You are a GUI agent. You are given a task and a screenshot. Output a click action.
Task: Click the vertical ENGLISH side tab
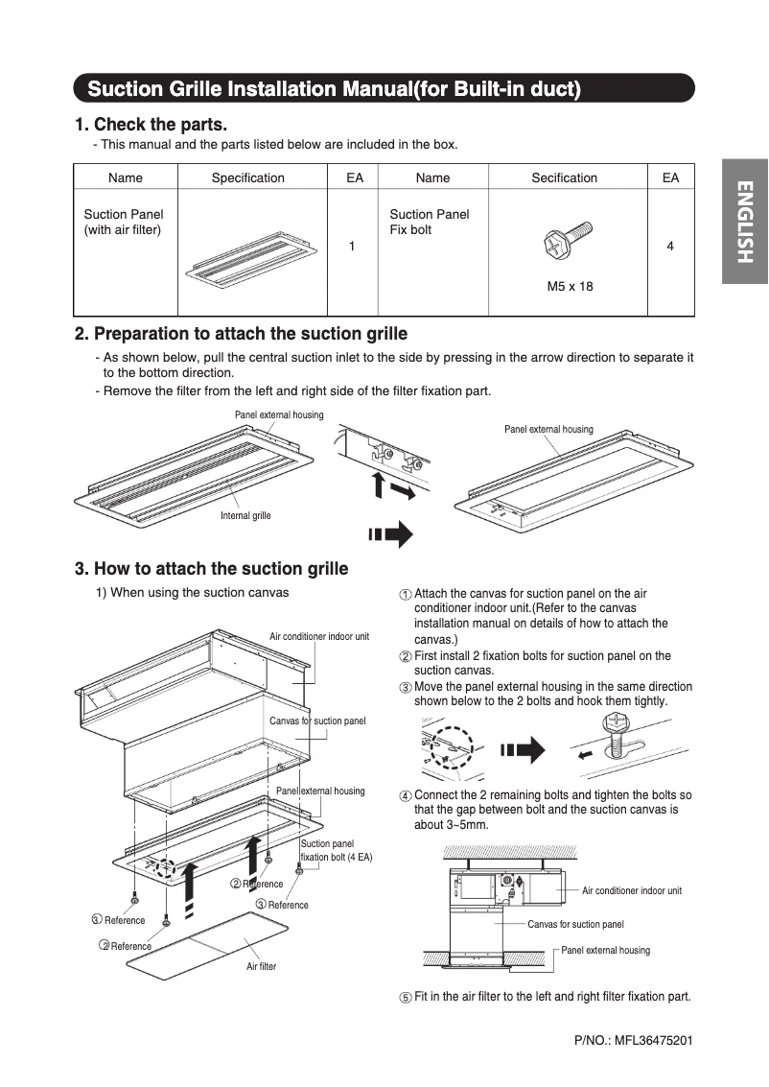745,223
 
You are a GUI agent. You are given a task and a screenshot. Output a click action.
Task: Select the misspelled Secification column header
564,177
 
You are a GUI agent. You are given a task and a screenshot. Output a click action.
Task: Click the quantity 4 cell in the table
669,247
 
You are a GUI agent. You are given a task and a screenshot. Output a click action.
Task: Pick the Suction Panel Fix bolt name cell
429,222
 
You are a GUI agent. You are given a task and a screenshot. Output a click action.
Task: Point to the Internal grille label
245,516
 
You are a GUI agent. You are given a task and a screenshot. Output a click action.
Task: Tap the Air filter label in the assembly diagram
261,966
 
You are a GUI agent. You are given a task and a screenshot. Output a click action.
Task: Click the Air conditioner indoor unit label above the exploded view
318,636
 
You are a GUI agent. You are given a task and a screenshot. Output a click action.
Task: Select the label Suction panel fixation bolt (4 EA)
336,850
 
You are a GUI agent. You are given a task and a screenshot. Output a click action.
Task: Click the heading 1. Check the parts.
151,124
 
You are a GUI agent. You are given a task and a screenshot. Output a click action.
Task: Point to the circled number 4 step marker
406,796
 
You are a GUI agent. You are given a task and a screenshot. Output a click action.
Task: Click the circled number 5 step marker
406,998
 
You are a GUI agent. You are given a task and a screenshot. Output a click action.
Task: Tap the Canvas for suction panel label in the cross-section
575,925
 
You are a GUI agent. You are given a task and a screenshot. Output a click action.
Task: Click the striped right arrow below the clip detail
389,533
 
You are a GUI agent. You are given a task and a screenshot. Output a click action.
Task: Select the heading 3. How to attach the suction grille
211,569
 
